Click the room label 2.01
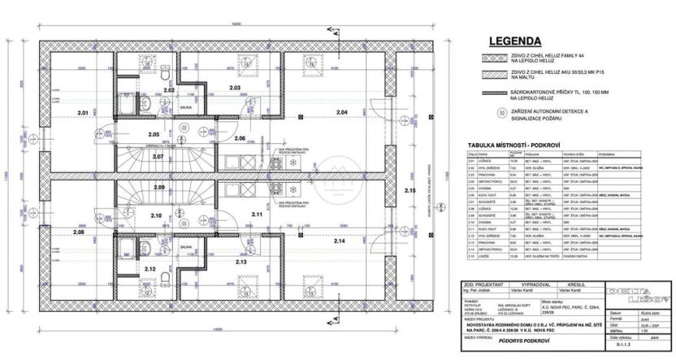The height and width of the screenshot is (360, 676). (82, 111)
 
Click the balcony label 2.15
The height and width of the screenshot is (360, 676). (409, 189)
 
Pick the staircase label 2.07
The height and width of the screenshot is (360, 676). (158, 155)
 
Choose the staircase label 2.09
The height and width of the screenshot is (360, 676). (159, 188)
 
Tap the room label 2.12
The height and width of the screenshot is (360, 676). (149, 268)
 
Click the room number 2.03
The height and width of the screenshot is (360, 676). (236, 87)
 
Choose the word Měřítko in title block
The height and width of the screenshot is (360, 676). (616, 331)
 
